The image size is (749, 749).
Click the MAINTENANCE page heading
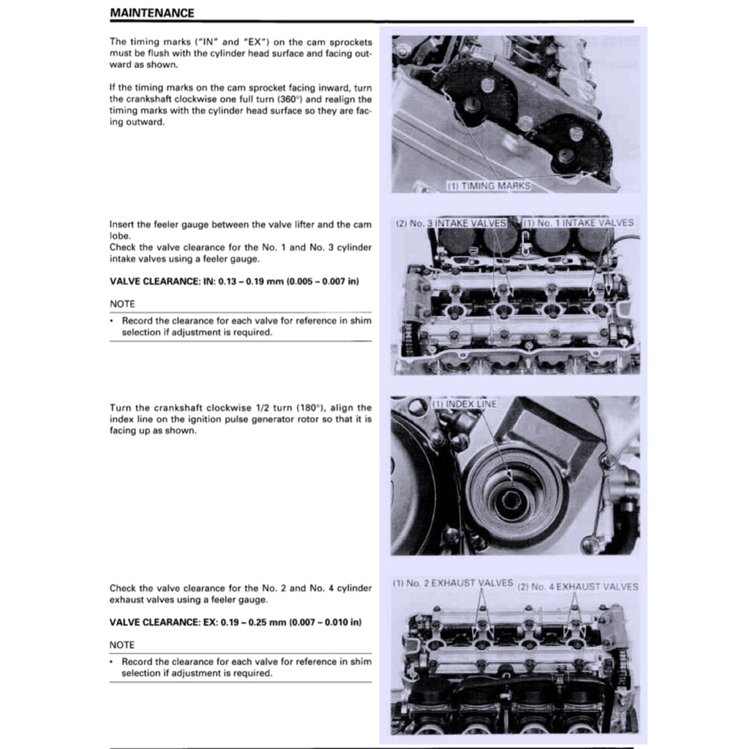(x=152, y=13)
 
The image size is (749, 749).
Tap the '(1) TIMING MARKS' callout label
(x=488, y=186)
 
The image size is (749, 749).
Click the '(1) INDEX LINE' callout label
(x=464, y=404)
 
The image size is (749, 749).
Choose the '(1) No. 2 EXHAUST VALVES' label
(x=453, y=583)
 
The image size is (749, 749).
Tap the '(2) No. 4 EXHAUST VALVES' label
(x=577, y=587)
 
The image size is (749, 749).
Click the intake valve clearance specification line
(x=234, y=282)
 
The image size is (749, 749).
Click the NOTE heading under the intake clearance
(x=122, y=304)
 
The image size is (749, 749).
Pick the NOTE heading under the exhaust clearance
(x=122, y=644)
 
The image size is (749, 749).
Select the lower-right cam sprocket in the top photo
(x=572, y=146)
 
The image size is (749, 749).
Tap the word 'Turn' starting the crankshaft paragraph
(x=121, y=407)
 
